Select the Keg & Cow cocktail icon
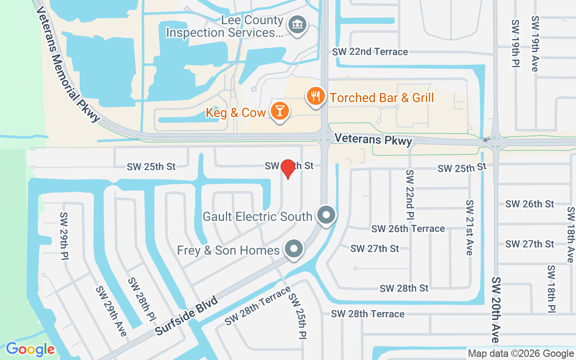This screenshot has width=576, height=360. coord(279,112)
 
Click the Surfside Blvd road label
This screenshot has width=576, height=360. coord(186,315)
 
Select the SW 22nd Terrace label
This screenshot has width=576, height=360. coord(370,52)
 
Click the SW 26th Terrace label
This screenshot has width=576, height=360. coord(408,229)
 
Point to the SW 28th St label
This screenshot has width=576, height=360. coord(404,288)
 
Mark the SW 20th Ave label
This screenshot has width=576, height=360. coord(495,310)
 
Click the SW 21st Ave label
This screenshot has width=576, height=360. coord(470,227)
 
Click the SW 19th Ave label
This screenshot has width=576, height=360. coord(535,44)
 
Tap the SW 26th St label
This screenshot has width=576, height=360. coord(530,204)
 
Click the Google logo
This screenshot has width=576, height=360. coord(30,349)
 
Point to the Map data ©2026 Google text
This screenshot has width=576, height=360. coord(521,354)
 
